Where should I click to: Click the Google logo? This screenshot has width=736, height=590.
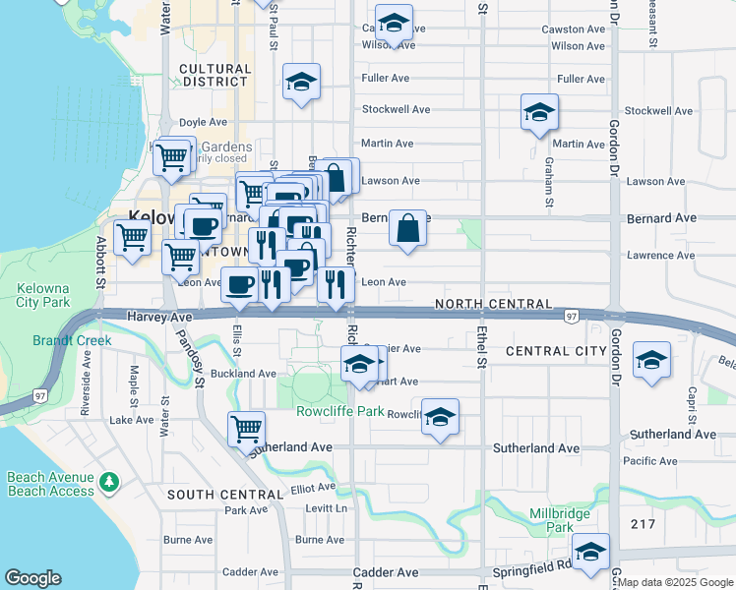click(x=32, y=578)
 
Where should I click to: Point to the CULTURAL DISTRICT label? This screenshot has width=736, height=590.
click(x=215, y=76)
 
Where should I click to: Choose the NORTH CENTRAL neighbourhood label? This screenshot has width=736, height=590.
click(x=493, y=305)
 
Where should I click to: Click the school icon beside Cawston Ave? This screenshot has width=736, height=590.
click(x=395, y=24)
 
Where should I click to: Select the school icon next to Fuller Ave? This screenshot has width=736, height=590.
click(x=301, y=82)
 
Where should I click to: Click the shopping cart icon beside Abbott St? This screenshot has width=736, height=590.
click(x=132, y=237)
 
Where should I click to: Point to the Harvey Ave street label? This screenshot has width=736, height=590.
click(x=159, y=317)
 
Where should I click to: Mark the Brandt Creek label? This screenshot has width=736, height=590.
click(x=71, y=340)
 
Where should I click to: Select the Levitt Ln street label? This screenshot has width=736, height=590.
click(x=328, y=508)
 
